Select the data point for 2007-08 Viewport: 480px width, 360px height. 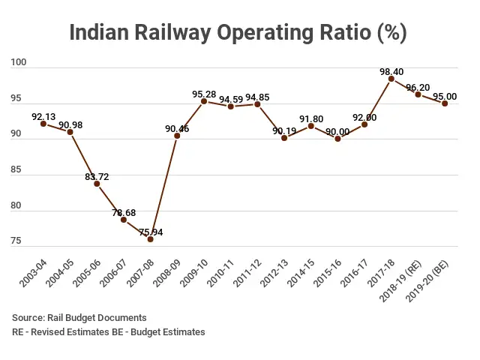151,238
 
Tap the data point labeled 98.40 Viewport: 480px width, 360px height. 391,79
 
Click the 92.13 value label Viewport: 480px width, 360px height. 44,116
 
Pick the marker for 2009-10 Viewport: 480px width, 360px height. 204,101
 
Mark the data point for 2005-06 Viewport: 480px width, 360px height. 97,184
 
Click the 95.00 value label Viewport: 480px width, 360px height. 445,97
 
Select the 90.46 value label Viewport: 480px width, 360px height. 177,129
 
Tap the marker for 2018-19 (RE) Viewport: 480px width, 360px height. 418,94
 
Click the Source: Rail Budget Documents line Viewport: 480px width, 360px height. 79,318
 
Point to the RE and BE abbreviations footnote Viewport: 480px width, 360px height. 109,331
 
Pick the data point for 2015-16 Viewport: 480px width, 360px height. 337,139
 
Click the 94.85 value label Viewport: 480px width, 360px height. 257,97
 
